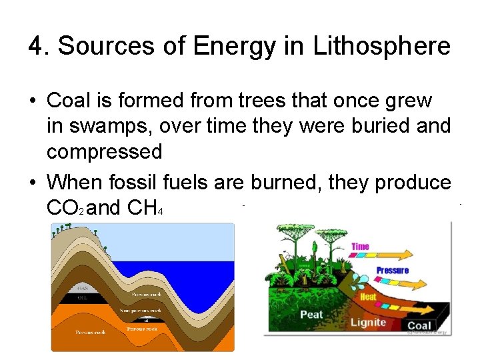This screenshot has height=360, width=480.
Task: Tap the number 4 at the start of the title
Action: coord(35,47)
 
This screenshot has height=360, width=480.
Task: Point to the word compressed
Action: coord(104,151)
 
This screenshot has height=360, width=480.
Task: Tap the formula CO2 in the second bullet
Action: coord(65,209)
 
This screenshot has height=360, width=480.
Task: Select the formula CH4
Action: coord(141,209)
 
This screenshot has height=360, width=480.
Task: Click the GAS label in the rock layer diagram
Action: coord(82,288)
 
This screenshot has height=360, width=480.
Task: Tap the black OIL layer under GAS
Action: coord(82,297)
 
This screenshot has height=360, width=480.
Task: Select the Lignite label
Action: coord(368,322)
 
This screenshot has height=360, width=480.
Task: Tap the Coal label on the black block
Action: coord(421,326)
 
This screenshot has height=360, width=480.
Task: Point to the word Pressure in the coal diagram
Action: coord(392,270)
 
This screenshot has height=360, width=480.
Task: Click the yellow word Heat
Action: coord(368,296)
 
